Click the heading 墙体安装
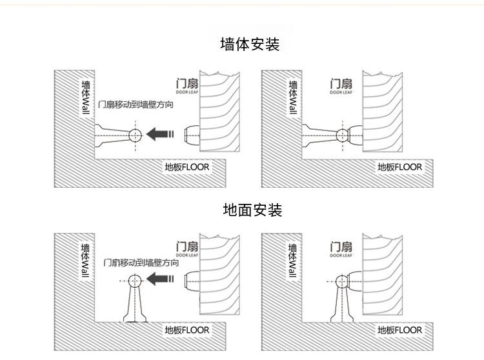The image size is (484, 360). [x=250, y=44]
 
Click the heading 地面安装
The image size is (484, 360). [x=252, y=210]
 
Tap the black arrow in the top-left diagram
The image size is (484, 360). [x=160, y=134]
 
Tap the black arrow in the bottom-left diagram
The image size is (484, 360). [x=160, y=279]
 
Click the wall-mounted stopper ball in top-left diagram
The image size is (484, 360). [x=135, y=135]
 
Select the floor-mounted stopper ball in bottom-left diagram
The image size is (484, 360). [x=135, y=281]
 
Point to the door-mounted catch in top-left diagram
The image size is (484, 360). [x=192, y=135]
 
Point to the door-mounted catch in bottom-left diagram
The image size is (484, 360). [x=192, y=281]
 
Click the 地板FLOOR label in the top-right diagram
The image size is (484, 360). [x=399, y=167]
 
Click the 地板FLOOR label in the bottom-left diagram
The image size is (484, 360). [x=187, y=330]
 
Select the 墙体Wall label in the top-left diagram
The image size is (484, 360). [x=85, y=97]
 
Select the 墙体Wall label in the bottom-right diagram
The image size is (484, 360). [x=292, y=261]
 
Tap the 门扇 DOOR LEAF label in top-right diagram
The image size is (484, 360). [x=341, y=86]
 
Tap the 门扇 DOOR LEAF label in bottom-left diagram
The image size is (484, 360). [x=187, y=249]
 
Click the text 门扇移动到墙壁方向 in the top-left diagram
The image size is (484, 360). [x=136, y=105]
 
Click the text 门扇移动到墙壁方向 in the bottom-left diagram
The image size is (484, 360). [x=141, y=263]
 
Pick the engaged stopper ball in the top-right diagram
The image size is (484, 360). [x=342, y=135]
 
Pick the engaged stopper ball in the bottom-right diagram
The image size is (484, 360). [x=342, y=281]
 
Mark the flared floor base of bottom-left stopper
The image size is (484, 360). [x=135, y=317]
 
